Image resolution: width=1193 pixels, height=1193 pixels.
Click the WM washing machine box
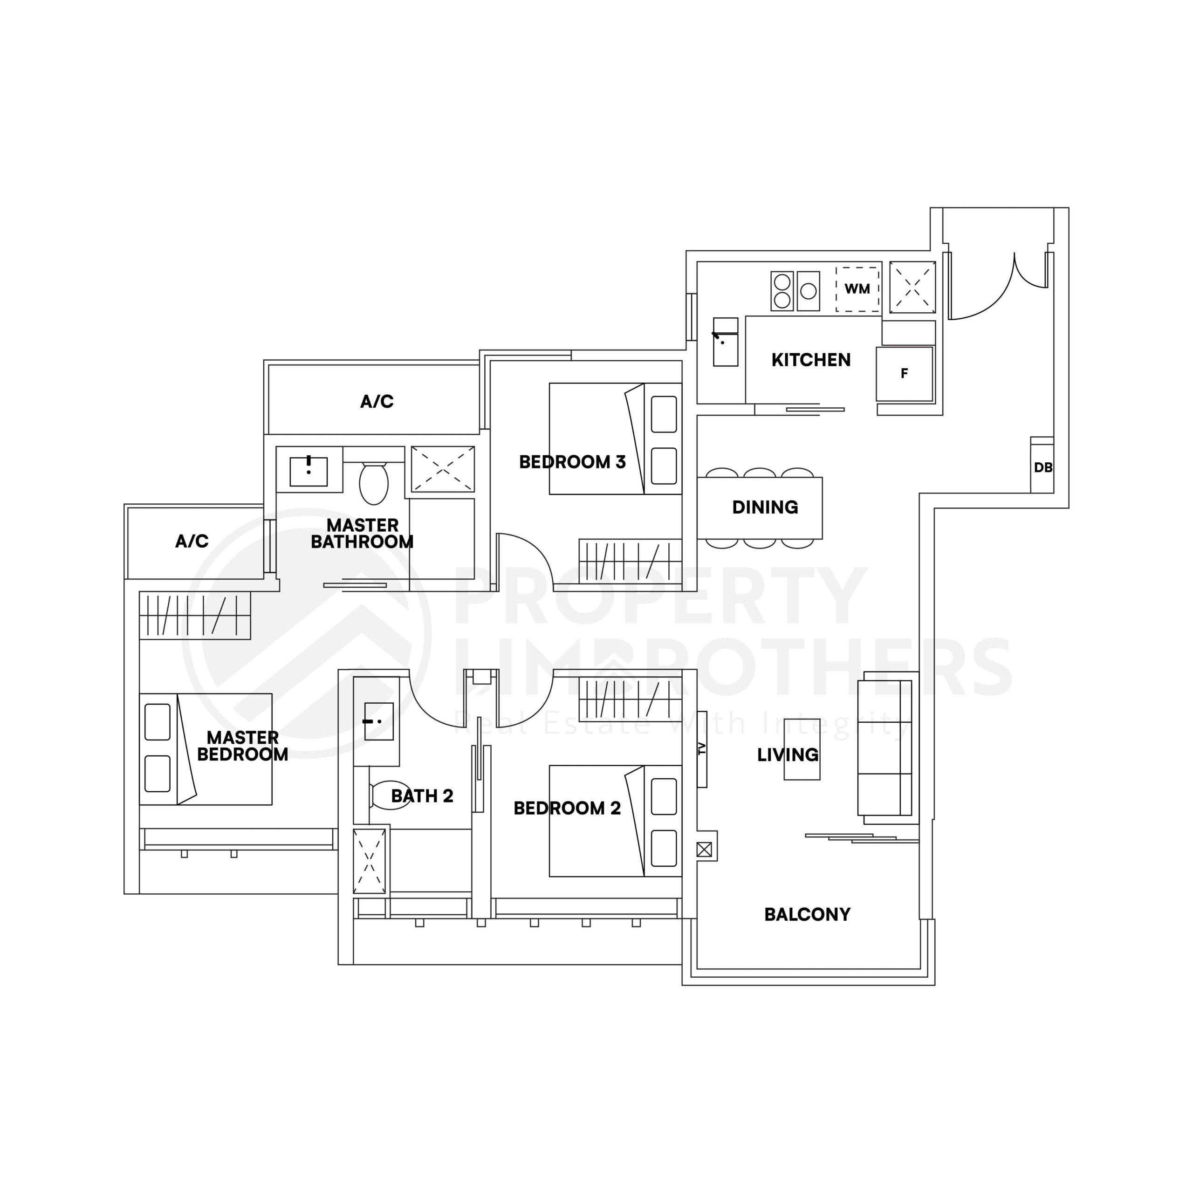click(x=857, y=289)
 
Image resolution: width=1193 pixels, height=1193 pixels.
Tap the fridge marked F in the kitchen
click(x=904, y=374)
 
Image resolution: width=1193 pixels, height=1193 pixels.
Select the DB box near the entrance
click(x=1042, y=467)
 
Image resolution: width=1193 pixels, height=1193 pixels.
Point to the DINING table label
click(x=764, y=507)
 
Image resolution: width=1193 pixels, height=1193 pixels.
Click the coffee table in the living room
click(x=802, y=750)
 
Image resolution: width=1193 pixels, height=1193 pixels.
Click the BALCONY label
click(x=807, y=914)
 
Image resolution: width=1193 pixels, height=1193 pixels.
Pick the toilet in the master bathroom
click(x=374, y=483)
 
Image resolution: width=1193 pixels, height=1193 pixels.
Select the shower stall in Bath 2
click(x=369, y=861)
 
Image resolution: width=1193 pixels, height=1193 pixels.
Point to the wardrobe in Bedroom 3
click(x=630, y=561)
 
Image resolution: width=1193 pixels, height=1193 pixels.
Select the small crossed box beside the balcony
click(x=704, y=850)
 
